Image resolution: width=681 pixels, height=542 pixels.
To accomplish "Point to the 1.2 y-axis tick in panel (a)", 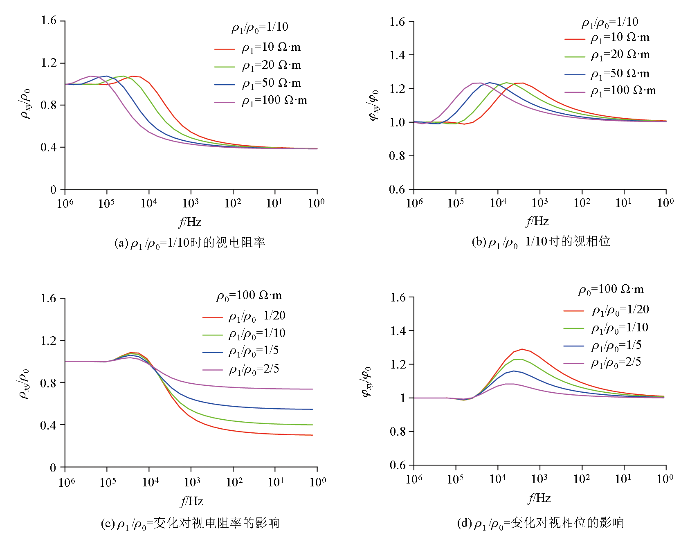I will (x=49, y=63).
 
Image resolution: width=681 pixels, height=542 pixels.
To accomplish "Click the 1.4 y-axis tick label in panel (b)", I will (x=398, y=55).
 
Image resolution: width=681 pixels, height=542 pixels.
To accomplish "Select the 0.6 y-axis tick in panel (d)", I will (x=398, y=465).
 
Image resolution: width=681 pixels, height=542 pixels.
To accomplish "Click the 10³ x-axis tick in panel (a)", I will (x=191, y=202).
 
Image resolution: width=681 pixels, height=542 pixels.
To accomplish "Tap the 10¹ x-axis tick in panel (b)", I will (x=624, y=202).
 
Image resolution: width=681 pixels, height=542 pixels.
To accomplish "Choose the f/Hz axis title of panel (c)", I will (x=191, y=501).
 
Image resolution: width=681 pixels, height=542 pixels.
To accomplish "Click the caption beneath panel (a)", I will (x=190, y=243).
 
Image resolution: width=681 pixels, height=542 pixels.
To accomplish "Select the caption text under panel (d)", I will (x=540, y=523).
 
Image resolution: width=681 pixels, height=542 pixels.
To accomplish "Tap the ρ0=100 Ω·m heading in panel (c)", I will (x=249, y=295).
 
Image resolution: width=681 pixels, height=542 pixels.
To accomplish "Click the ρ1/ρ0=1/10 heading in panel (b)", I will (x=610, y=22).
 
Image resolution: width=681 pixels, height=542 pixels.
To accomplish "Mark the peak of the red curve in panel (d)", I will (x=522, y=349).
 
